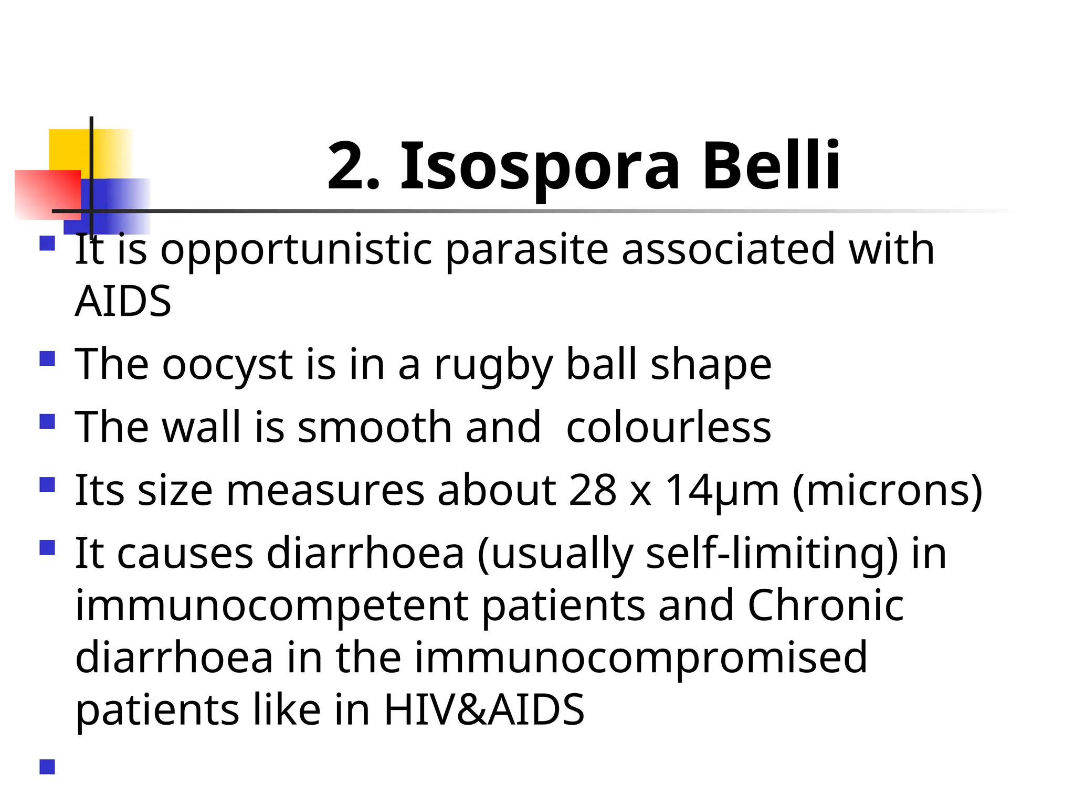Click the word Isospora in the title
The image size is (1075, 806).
point(540,167)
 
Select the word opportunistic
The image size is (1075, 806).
point(296,250)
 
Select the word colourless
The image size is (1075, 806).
point(668,427)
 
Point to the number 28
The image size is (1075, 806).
point(592,490)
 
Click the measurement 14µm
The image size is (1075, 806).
point(722,491)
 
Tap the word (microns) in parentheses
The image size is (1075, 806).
point(887,491)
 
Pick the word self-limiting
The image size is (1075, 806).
point(772,554)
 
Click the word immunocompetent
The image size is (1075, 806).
point(271,607)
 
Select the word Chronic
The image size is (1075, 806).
point(825,606)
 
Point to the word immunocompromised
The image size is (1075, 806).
point(640,659)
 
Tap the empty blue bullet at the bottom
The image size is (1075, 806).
point(47,767)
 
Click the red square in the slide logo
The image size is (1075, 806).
point(47,194)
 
